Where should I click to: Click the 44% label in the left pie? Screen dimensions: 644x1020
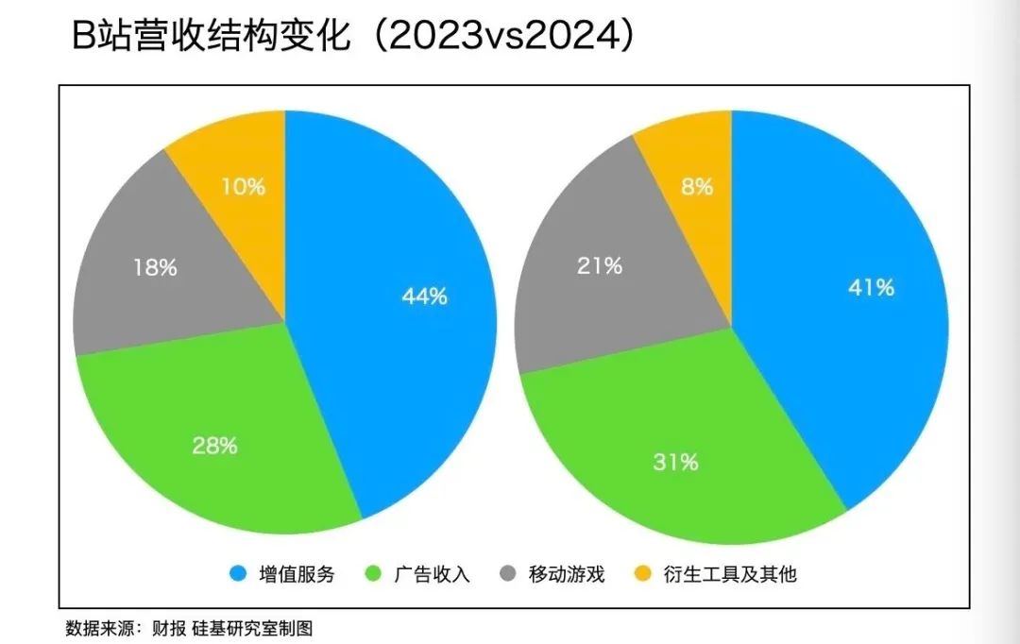click(424, 297)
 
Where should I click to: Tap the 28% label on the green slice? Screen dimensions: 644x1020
click(215, 446)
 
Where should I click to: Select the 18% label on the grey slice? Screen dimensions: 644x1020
click(154, 267)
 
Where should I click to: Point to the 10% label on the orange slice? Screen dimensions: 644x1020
click(243, 187)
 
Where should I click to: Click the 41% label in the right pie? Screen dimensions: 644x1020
click(871, 288)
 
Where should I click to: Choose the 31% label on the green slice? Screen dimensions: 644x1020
click(675, 462)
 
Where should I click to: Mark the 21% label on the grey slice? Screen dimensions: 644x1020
click(600, 266)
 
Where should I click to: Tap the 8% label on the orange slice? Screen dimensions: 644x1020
click(696, 187)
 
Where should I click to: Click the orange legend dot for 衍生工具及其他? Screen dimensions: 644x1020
click(643, 574)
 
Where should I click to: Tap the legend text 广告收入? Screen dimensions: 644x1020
click(431, 574)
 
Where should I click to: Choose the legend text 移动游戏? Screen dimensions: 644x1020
click(566, 574)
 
